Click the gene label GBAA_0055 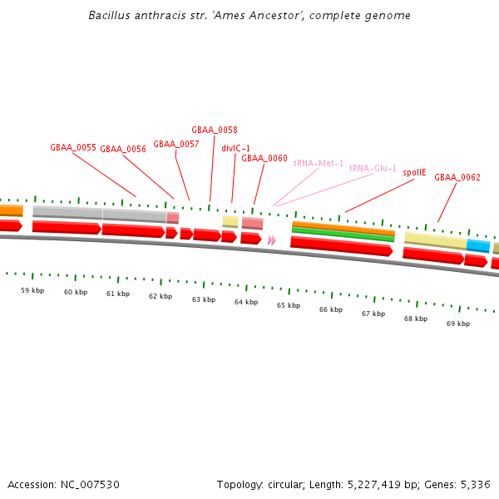point(73,147)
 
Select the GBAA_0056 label point(123,150)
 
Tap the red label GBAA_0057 point(176,144)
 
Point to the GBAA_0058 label point(215,131)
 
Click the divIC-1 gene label point(236,149)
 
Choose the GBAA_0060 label point(264,158)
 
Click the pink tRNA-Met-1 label point(319,163)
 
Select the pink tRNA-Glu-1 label point(373,168)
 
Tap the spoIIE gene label point(414,173)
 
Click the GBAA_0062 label point(457,177)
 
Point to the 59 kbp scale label point(32,290)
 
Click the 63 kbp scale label point(204,299)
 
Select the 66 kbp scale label point(331,309)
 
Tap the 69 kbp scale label point(458,324)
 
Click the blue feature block point(478,245)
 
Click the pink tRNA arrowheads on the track point(272,240)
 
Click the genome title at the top point(249,16)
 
